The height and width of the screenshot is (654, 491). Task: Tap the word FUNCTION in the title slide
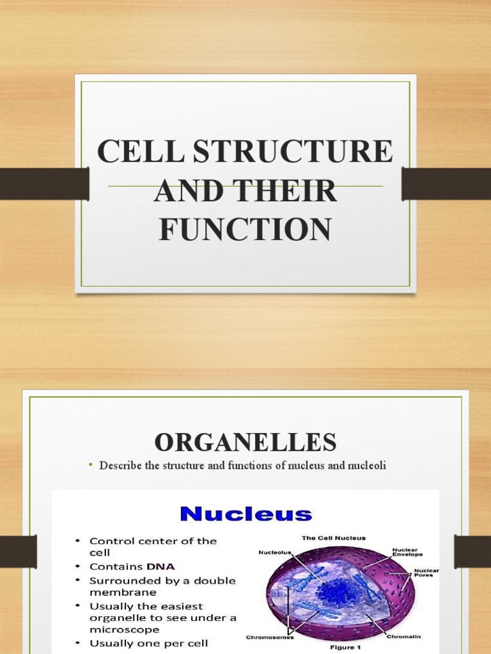click(245, 229)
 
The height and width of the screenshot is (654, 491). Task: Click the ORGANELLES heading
click(245, 442)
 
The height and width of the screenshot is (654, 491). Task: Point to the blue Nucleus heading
click(245, 514)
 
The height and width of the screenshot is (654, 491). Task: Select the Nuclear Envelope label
click(407, 551)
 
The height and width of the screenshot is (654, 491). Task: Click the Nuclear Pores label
click(426, 573)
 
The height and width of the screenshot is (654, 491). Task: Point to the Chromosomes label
click(270, 637)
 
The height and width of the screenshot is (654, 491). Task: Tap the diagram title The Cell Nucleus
click(333, 538)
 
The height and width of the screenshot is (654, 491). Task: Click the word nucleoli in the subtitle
click(366, 466)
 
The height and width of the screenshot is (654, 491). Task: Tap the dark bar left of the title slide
click(44, 184)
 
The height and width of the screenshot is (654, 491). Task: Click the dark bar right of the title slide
click(446, 184)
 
